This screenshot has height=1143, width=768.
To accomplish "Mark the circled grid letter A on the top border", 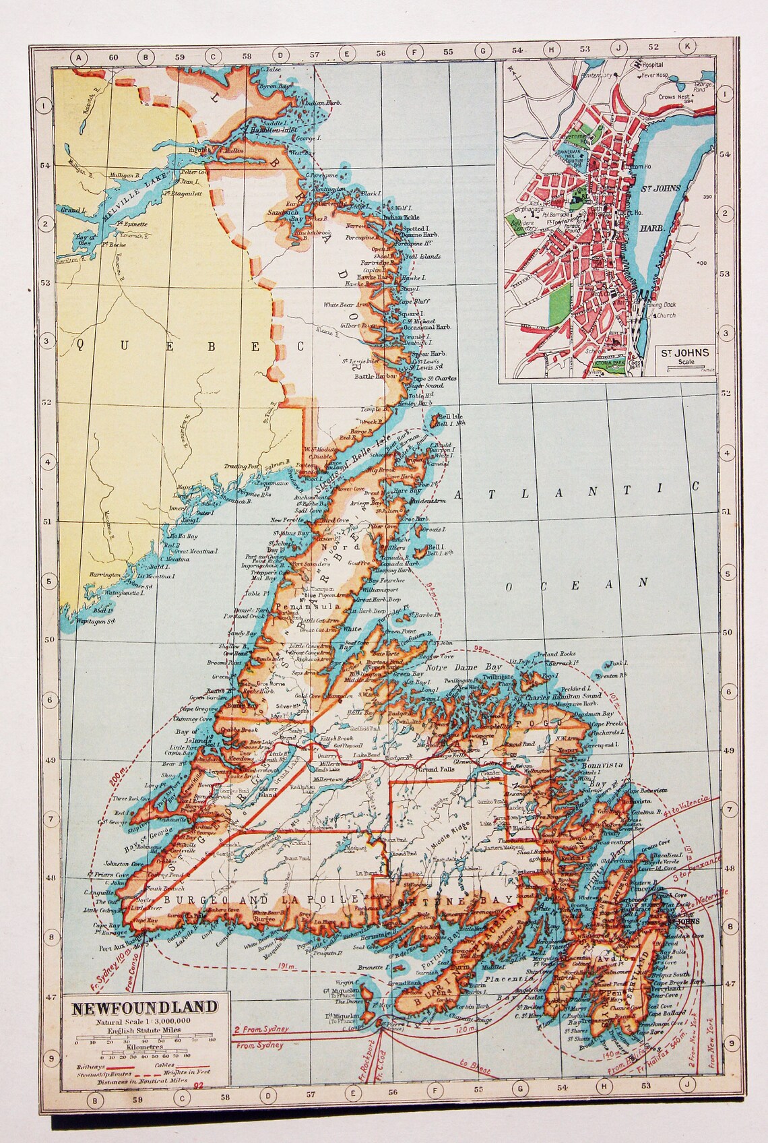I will (79, 57).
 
